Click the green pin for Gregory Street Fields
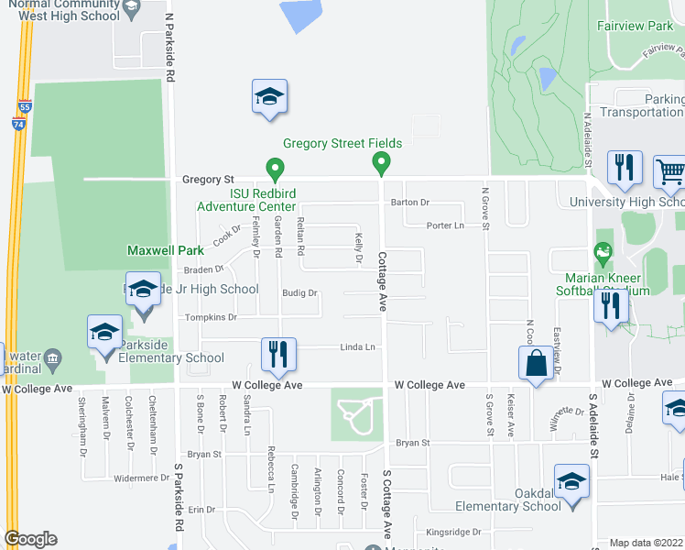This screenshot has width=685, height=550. [x=381, y=164]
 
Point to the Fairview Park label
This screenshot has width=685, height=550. [x=635, y=27]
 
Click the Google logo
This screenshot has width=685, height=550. [x=30, y=539]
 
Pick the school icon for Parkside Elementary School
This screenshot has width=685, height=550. [x=104, y=332]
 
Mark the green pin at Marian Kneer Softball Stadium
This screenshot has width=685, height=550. [x=603, y=250]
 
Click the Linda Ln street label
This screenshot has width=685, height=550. [x=358, y=347]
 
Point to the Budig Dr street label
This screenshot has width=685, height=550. [x=299, y=294]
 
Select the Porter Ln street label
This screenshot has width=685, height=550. [x=446, y=225]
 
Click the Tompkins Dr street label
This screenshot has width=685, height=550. [x=212, y=317]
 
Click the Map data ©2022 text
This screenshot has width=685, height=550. [x=647, y=543]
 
